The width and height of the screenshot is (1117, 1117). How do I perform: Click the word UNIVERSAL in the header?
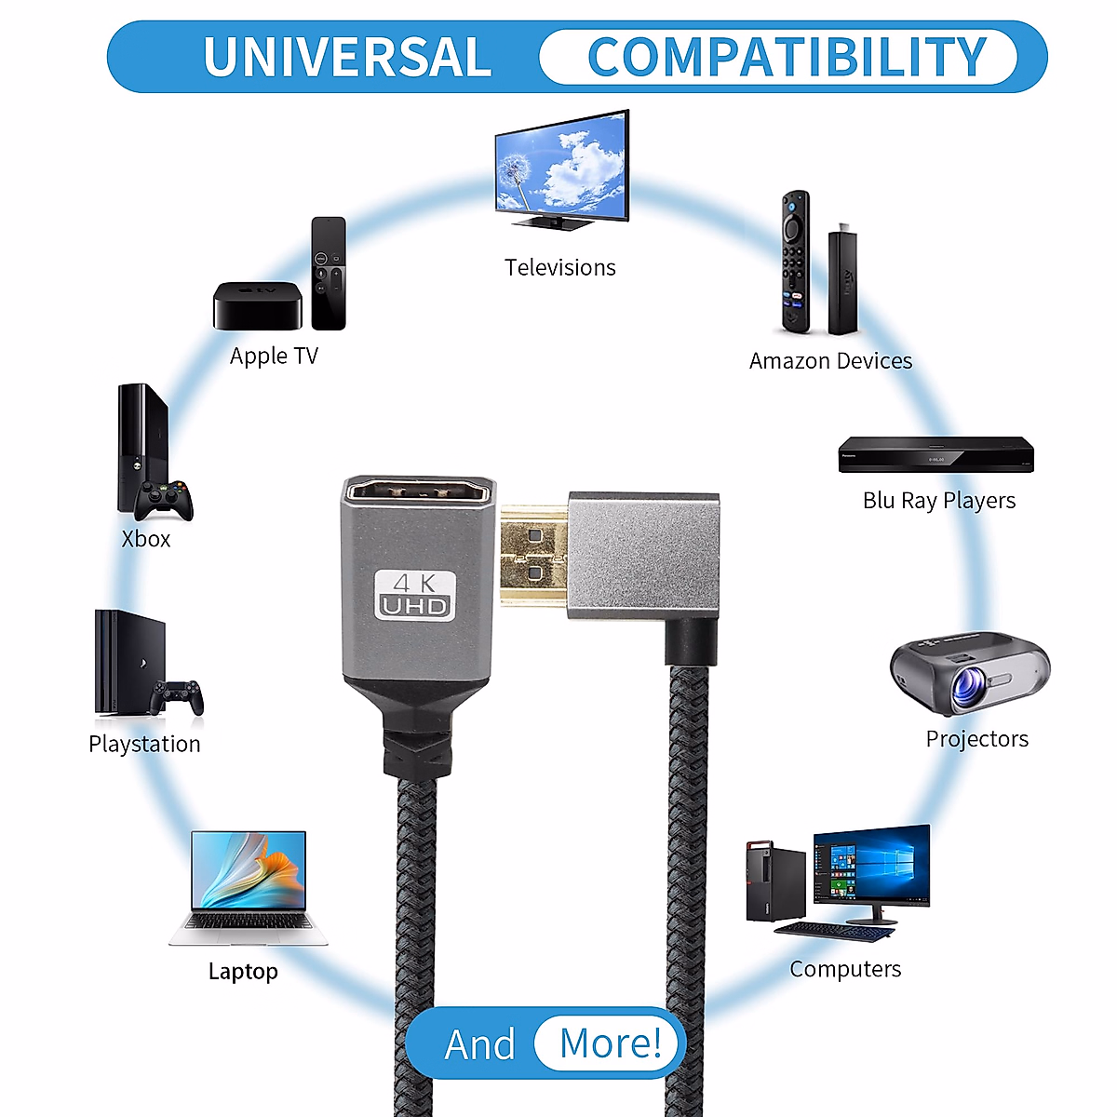[347, 58]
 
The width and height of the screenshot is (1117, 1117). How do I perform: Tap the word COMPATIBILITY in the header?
[787, 58]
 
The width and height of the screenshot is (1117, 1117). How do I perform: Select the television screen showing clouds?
[561, 166]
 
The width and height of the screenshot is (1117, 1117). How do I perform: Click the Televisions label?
[560, 268]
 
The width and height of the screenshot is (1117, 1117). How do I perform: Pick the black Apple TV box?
[258, 305]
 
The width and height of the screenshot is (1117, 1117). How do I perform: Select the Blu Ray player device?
[935, 454]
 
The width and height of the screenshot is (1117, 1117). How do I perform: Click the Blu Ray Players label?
[938, 501]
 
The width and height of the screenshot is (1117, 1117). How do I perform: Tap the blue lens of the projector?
[969, 688]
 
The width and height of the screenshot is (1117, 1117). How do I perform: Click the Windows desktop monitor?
[871, 866]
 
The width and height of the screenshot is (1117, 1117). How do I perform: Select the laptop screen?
[249, 870]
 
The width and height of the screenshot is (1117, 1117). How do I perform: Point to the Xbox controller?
[165, 500]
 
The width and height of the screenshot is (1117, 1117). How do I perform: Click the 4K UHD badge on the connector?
[415, 595]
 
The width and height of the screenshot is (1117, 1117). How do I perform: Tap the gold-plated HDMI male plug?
[533, 554]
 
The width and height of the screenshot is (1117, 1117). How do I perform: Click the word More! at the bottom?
[610, 1043]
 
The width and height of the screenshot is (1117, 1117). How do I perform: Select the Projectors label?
[976, 739]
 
